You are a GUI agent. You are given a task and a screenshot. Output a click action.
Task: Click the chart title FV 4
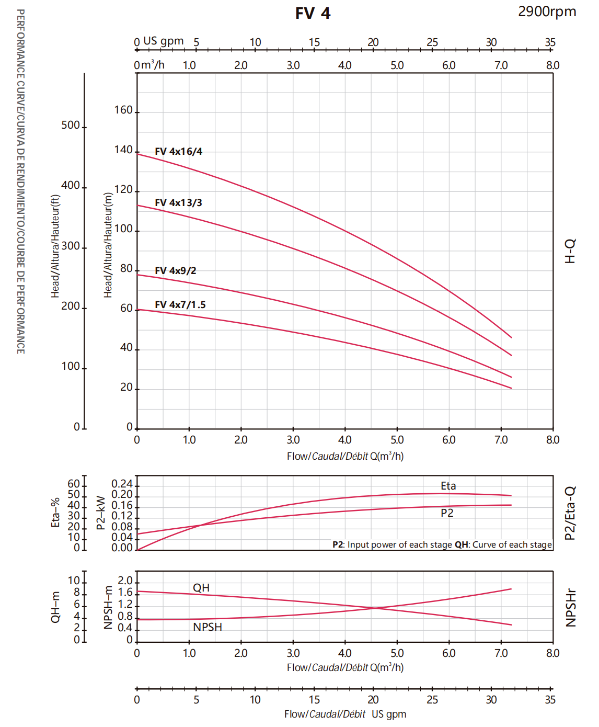[x=313, y=13]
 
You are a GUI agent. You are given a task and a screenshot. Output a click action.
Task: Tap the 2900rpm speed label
[x=547, y=12]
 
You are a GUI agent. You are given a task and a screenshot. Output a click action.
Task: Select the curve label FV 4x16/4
[x=178, y=152]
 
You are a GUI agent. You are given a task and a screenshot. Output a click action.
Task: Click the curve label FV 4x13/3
[x=178, y=203]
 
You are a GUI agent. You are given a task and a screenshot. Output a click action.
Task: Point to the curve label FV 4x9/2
[x=176, y=271]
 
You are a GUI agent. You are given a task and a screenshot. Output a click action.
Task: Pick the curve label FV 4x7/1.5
[x=180, y=305]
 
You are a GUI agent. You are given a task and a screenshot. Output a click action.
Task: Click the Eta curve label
[x=448, y=486]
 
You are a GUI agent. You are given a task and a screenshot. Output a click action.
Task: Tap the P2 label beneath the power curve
[x=447, y=513]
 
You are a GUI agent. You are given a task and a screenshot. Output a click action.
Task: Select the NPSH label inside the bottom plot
[x=208, y=627]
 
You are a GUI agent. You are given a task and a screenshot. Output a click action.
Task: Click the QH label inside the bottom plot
[x=201, y=588]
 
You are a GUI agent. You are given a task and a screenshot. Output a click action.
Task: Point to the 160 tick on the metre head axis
[x=123, y=110]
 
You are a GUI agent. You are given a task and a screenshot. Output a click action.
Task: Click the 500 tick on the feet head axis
[x=71, y=126]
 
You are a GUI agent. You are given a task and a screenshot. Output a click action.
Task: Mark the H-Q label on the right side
[x=570, y=251]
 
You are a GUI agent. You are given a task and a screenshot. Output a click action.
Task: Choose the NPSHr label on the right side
[x=571, y=608]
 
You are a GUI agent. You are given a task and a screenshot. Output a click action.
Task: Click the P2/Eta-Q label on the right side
[x=570, y=513]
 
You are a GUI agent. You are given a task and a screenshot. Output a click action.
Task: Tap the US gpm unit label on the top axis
[x=163, y=41]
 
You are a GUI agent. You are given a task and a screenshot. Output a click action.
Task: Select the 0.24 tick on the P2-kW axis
[x=122, y=484]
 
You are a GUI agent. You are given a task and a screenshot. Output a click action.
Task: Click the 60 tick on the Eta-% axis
[x=74, y=484]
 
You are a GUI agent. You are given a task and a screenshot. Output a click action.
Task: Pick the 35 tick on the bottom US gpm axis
[x=550, y=700]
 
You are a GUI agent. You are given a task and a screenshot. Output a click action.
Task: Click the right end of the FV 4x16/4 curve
[x=511, y=337]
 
